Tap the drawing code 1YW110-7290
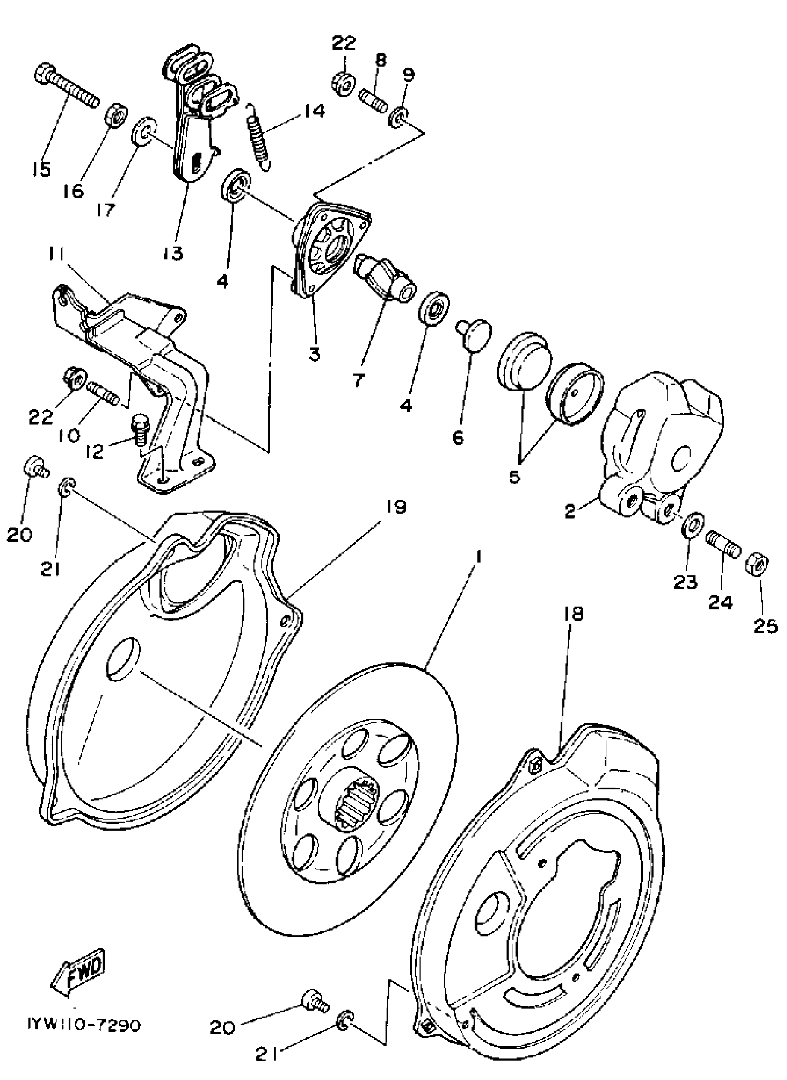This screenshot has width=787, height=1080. pyautogui.click(x=83, y=1024)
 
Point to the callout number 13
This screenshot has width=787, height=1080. pyautogui.click(x=174, y=253)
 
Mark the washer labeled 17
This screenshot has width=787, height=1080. pyautogui.click(x=142, y=132)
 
